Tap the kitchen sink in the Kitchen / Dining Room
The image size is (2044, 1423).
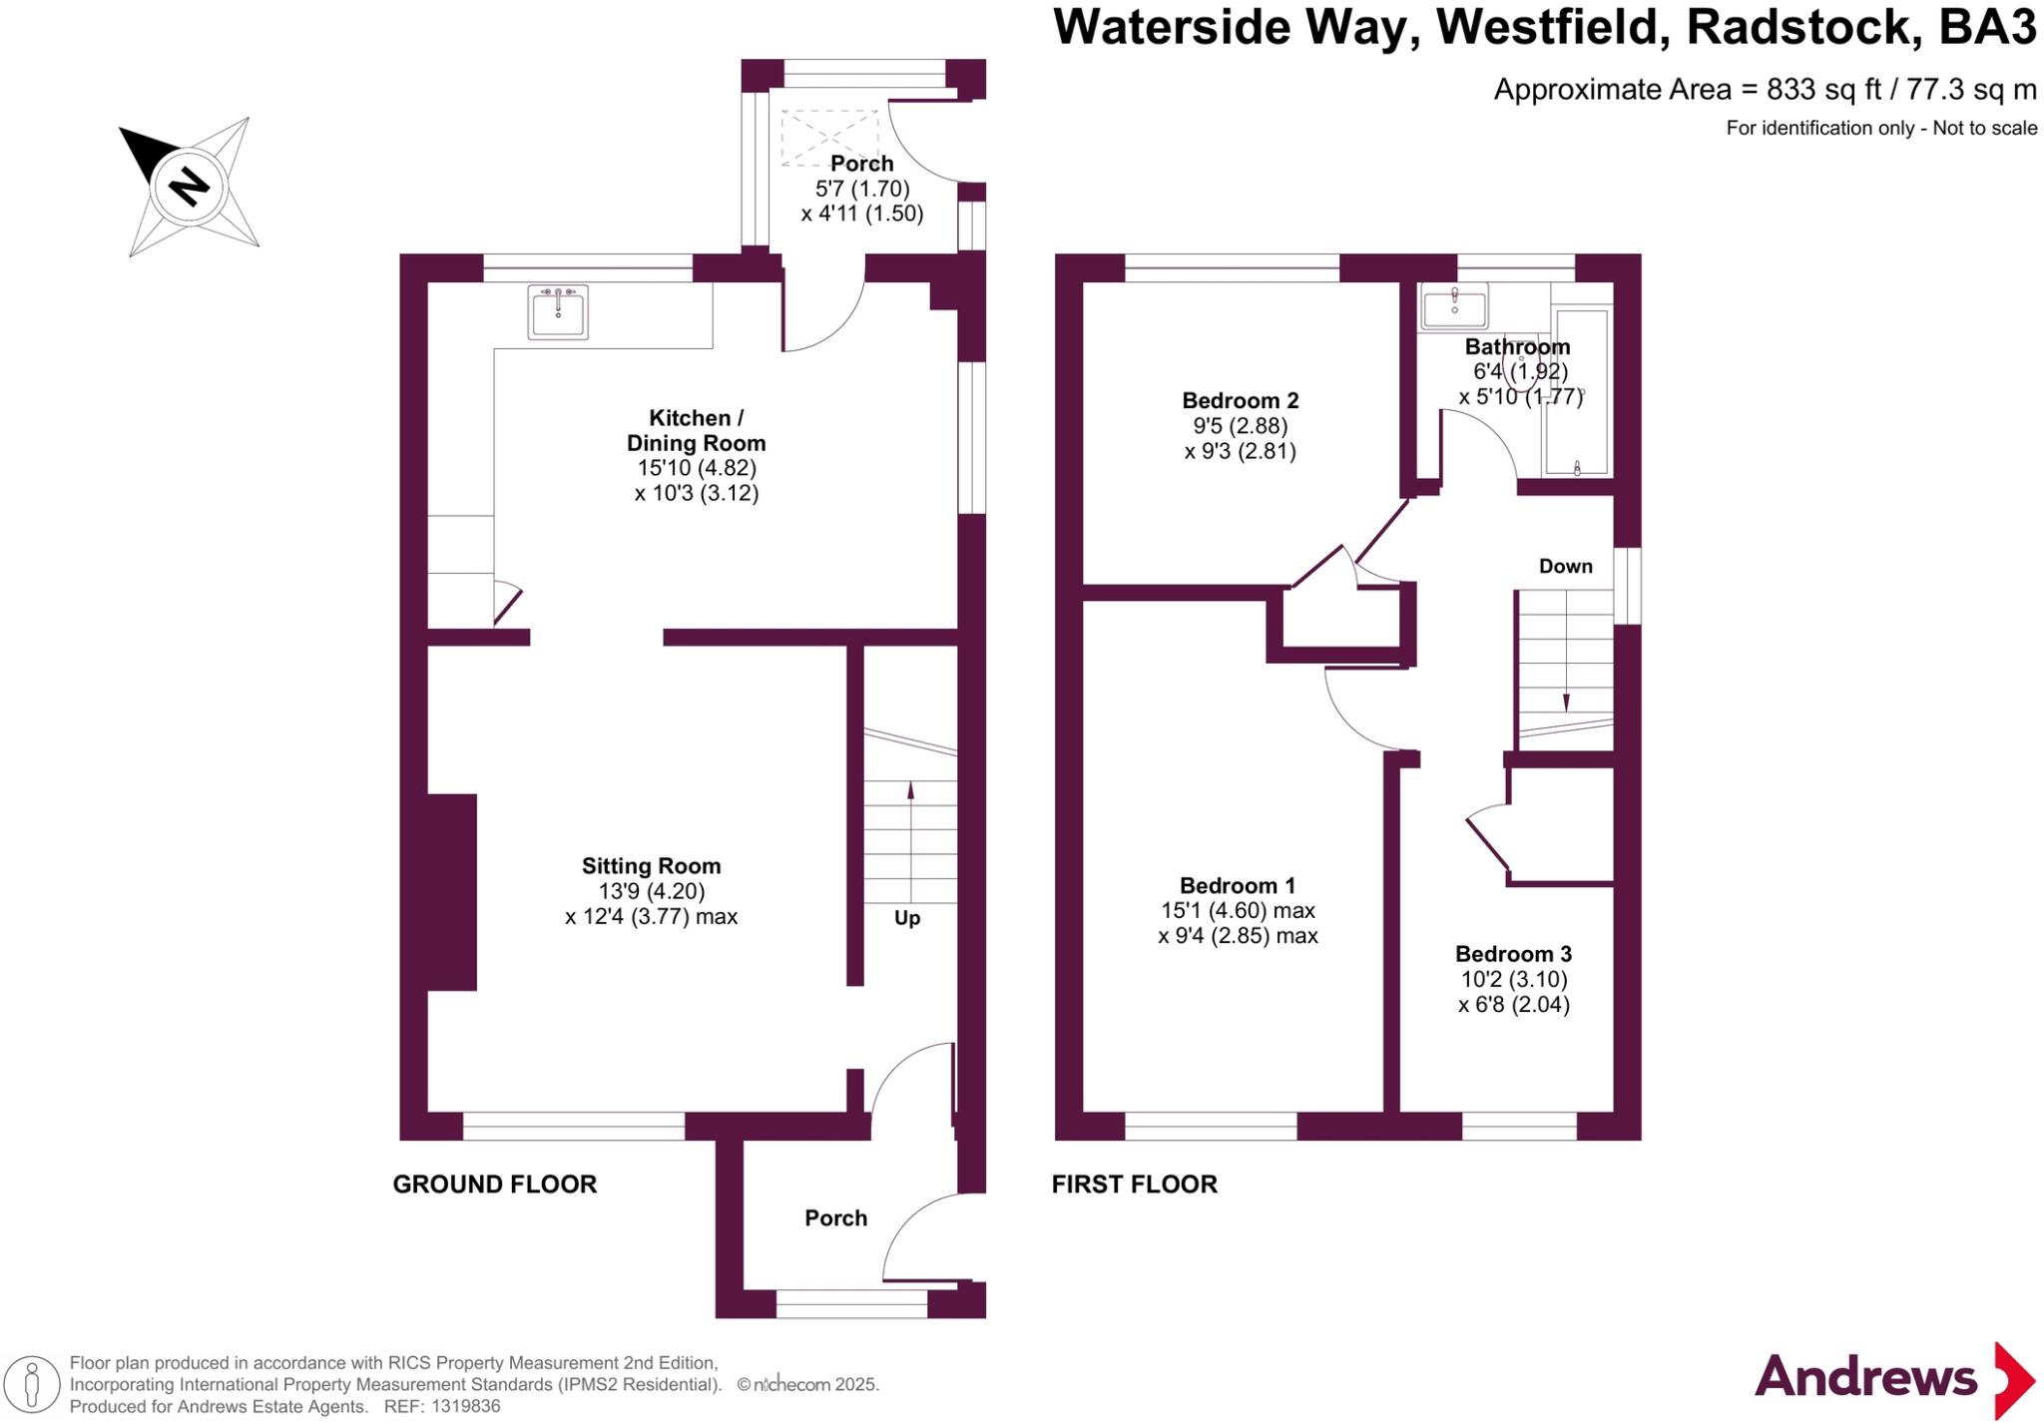pyautogui.click(x=558, y=311)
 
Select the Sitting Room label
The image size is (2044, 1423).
pyautogui.click(x=651, y=866)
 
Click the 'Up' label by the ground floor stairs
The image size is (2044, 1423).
pyautogui.click(x=906, y=918)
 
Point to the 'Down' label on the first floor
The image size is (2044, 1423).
pyautogui.click(x=1565, y=567)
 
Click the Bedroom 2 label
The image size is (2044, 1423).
pyautogui.click(x=1240, y=401)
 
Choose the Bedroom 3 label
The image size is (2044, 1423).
pyautogui.click(x=1513, y=954)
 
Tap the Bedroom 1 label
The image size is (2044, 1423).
pyautogui.click(x=1238, y=885)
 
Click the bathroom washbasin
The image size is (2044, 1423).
pyautogui.click(x=1454, y=305)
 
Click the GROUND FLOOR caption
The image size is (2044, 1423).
pyautogui.click(x=494, y=1185)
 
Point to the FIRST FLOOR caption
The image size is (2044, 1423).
pyautogui.click(x=1134, y=1185)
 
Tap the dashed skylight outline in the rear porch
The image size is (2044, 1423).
pyautogui.click(x=830, y=137)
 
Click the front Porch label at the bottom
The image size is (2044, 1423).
pyautogui.click(x=835, y=1218)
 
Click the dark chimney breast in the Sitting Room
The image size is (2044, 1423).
pyautogui.click(x=451, y=892)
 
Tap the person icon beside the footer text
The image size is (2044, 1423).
pyautogui.click(x=32, y=1385)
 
